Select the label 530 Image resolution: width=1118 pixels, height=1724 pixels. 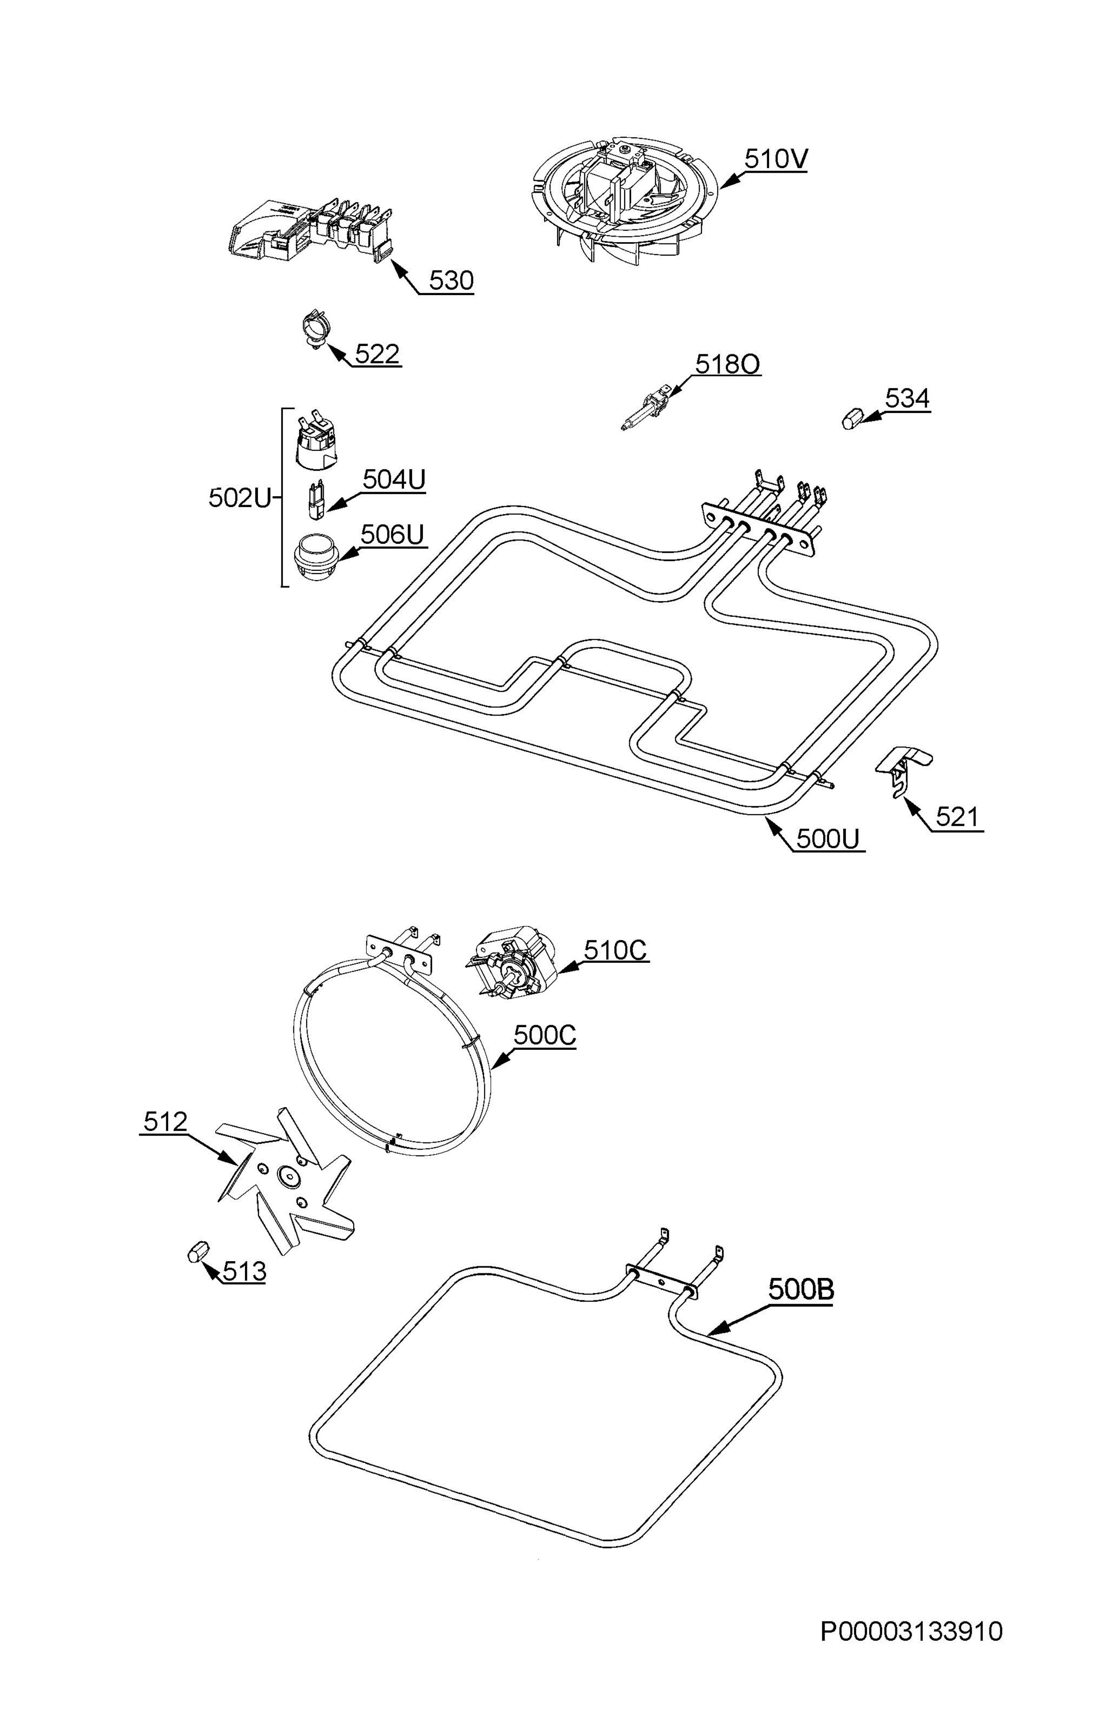coord(450,280)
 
